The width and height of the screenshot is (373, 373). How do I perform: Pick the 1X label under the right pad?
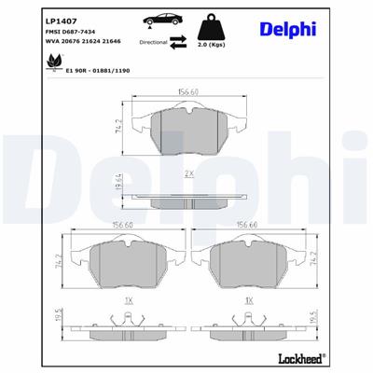coord(248,301)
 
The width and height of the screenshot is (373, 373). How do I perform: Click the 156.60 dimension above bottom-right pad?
coord(248,224)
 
